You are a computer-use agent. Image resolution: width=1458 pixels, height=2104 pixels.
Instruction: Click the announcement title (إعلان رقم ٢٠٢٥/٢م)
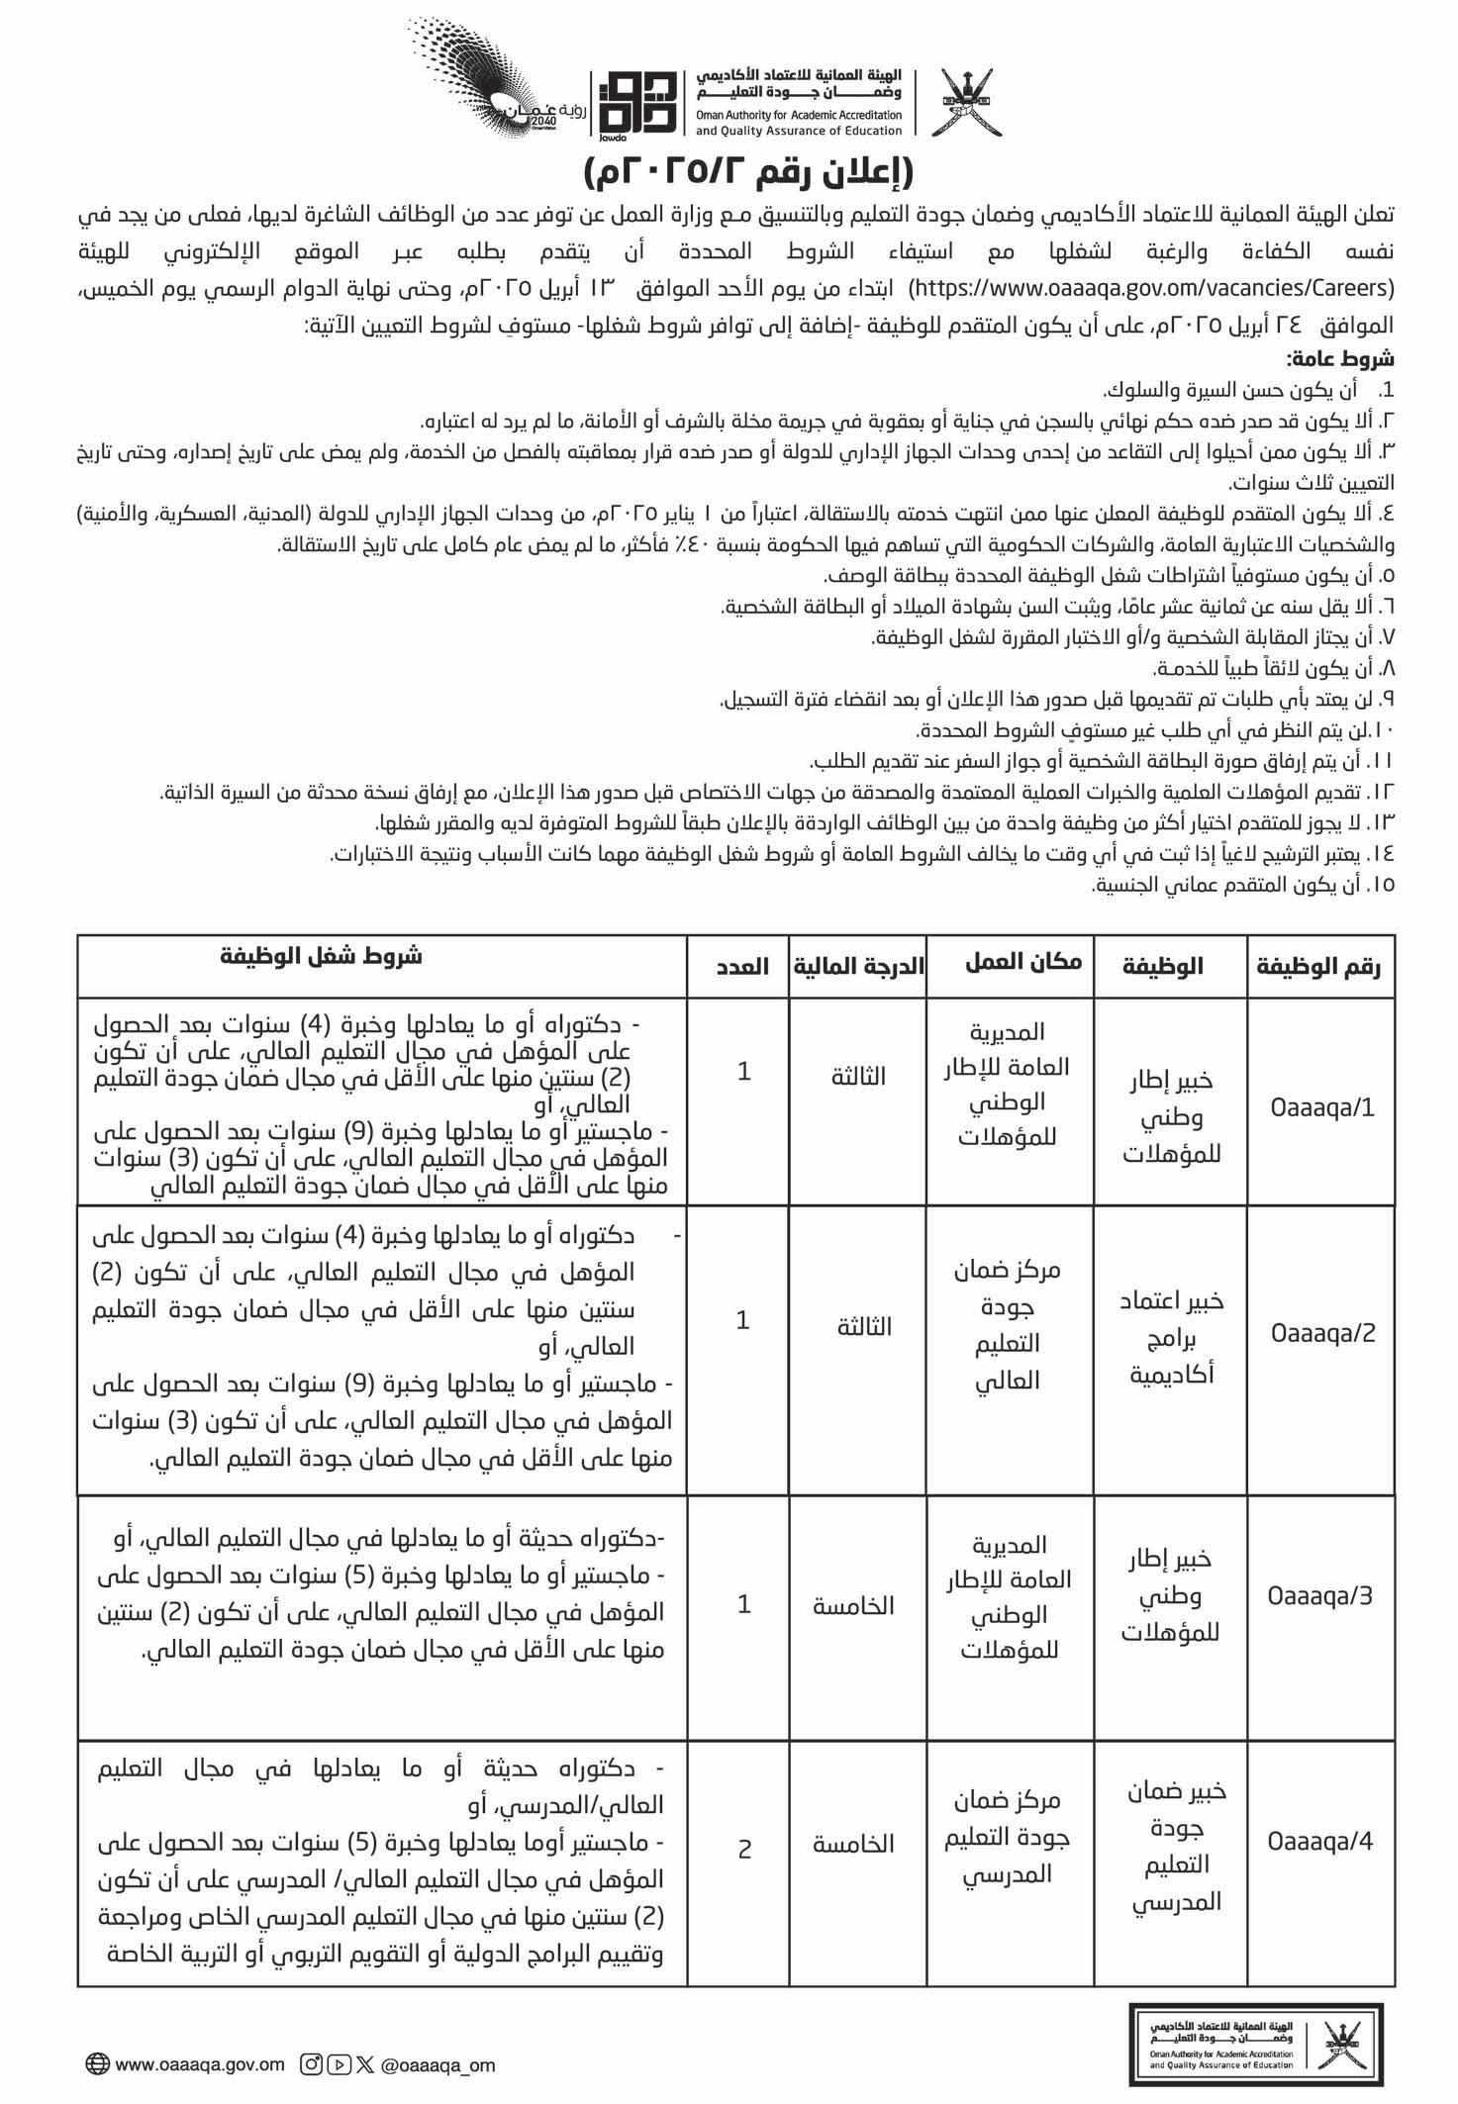coord(748,172)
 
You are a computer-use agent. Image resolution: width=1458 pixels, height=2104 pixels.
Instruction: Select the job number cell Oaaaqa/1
coord(1322,1106)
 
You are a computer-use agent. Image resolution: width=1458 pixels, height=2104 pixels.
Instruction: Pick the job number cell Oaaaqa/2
coord(1322,1332)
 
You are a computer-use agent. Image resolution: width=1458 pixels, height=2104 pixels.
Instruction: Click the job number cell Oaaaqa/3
coord(1320,1595)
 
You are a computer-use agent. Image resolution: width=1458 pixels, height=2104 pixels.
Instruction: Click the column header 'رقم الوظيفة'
coord(1318,966)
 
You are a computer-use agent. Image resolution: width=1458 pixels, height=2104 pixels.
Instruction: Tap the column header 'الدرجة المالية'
coord(858,966)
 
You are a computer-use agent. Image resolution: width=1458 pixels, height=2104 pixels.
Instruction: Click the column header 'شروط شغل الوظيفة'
coord(321,956)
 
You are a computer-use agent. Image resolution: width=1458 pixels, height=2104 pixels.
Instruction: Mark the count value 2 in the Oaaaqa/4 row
coord(744,1848)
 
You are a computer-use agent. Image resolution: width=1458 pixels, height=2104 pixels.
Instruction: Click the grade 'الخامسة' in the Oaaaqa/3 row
coord(853,1605)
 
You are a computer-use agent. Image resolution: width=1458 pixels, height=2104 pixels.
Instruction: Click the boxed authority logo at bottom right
coord(1255,2045)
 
